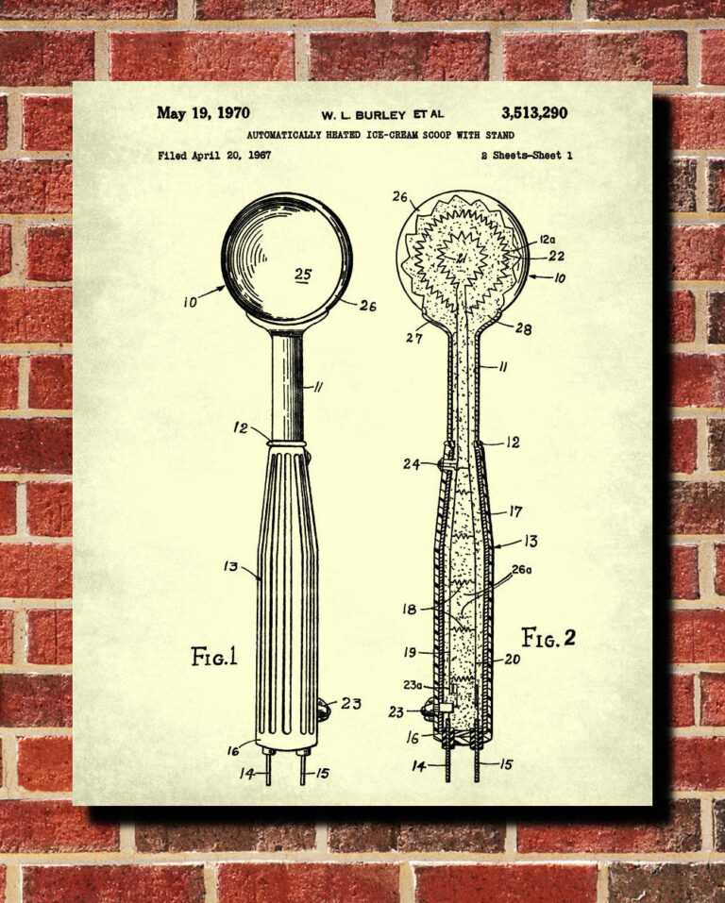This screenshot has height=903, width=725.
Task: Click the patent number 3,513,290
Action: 534,113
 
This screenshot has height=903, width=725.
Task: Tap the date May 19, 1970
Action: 203,113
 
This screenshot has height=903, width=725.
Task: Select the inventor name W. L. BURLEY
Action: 363,115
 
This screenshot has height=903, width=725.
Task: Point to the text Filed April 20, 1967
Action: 214,155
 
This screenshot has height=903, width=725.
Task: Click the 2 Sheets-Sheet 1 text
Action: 527,155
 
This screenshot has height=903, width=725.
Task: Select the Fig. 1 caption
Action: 214,657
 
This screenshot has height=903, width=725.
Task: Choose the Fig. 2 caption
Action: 548,638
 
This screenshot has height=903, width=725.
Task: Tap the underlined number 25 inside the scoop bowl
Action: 303,275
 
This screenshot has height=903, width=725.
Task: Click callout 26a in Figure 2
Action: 521,570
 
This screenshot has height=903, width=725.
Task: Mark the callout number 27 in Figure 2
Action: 414,338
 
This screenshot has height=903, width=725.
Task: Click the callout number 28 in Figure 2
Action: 523,328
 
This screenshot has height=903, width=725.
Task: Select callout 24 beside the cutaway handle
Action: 412,463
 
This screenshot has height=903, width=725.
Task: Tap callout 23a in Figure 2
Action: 413,685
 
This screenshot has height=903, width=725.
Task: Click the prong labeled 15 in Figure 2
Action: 476,759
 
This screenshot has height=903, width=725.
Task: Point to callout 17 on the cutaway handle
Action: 515,511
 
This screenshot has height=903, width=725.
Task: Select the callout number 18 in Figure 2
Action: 409,609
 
